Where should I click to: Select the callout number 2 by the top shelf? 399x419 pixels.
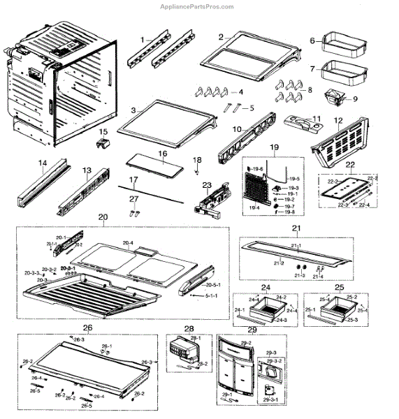click(x=220, y=36)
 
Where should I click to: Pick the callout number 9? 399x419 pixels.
click(x=355, y=99)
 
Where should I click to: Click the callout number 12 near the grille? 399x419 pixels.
click(x=338, y=120)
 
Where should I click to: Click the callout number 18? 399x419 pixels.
click(x=197, y=160)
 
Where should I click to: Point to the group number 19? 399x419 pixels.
click(x=275, y=147)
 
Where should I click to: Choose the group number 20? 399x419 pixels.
click(x=103, y=218)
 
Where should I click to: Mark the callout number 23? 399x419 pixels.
click(x=206, y=185)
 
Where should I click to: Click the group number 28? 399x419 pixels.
click(x=188, y=328)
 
